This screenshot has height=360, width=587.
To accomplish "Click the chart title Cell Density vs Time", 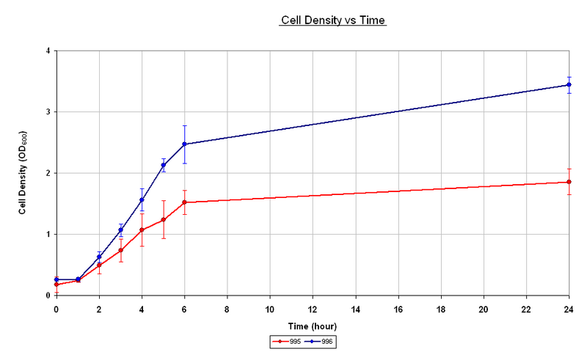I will tap(333, 21).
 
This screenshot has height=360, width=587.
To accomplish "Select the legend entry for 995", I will tap(288, 341).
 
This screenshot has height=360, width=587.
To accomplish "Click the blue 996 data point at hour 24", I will tap(569, 84).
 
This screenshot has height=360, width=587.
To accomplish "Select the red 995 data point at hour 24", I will tap(569, 182).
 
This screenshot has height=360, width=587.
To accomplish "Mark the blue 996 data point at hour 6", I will tap(184, 144).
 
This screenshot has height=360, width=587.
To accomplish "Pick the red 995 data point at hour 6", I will tap(184, 202).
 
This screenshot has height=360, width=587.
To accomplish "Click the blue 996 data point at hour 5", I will tap(163, 165).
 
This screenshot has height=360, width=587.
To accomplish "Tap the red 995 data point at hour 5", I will tap(163, 220).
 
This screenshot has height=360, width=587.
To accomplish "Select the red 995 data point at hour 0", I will tap(56, 284).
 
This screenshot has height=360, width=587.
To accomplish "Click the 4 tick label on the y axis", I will tap(47, 51).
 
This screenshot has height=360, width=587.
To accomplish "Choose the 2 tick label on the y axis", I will tap(47, 173).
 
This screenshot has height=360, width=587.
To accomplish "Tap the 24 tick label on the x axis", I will tap(569, 309).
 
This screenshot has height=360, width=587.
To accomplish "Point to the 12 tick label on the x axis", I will tap(313, 309).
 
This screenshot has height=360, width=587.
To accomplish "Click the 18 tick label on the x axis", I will tap(441, 309).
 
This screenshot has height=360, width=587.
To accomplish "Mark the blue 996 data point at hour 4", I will tap(142, 200).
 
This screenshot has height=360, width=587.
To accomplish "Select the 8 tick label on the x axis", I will tap(227, 309).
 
